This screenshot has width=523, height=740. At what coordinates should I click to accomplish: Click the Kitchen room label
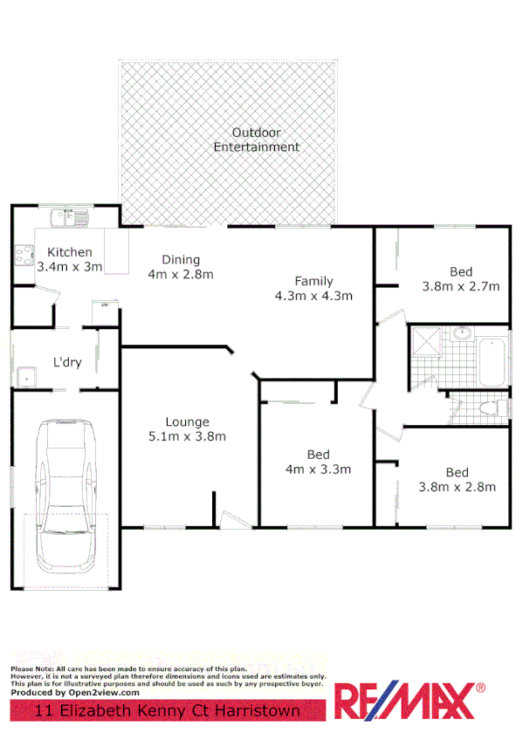click(70, 252)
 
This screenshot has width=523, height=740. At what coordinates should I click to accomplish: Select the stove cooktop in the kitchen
click(24, 254)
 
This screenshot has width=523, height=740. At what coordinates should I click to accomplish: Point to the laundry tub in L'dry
click(27, 376)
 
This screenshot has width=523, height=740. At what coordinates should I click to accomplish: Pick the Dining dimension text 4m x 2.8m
click(181, 274)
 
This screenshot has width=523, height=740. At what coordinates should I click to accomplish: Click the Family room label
click(313, 281)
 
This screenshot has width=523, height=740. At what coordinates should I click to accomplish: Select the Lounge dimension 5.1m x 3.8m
click(187, 436)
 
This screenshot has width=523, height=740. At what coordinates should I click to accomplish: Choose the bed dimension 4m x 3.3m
click(318, 469)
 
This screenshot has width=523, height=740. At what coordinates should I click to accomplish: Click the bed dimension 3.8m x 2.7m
click(460, 286)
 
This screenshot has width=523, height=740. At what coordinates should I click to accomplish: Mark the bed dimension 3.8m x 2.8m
click(458, 487)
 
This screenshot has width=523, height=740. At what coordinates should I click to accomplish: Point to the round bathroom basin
click(460, 333)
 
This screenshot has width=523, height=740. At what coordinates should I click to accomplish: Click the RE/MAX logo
click(411, 702)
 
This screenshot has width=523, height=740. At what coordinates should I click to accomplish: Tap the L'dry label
click(67, 362)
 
